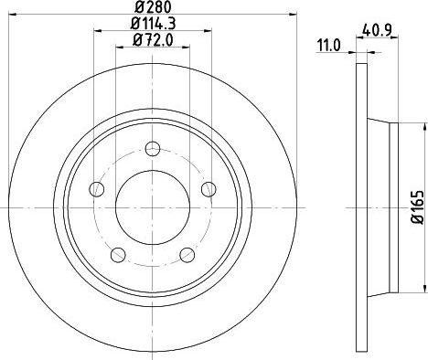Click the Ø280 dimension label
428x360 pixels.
[x=153, y=6]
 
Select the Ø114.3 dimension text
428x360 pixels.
[x=153, y=24]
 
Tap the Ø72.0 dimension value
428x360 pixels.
[x=153, y=40]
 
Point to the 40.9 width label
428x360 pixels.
[x=377, y=30]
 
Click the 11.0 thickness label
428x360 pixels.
[x=328, y=47]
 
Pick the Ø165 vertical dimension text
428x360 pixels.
[x=418, y=207]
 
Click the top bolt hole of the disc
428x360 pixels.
[x=153, y=149]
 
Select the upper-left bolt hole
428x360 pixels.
[x=97, y=189]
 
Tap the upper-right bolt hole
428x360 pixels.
[x=209, y=189]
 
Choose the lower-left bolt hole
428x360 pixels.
[x=118, y=255]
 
